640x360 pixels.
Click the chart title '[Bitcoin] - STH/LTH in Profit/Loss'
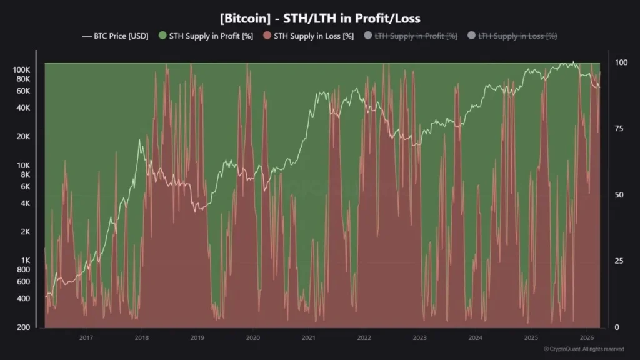(319, 19)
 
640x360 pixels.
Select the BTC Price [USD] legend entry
(116, 36)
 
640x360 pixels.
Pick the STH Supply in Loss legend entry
(308, 36)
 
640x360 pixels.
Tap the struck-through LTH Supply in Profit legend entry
(410, 36)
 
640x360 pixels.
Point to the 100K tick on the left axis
(22, 69)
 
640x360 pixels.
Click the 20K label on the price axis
(24, 136)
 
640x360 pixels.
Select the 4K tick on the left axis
(26, 203)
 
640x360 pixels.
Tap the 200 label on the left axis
(24, 327)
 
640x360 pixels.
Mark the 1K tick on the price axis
(26, 261)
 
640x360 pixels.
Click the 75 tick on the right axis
(619, 129)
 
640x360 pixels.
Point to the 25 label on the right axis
(619, 261)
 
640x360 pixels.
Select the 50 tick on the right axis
(619, 195)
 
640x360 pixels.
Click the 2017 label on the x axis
(86, 338)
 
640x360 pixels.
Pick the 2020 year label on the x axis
(252, 338)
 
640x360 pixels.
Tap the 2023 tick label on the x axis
(419, 338)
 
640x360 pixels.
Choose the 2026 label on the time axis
(586, 338)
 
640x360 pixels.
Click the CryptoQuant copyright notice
(584, 349)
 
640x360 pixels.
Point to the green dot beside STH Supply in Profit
(162, 36)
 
